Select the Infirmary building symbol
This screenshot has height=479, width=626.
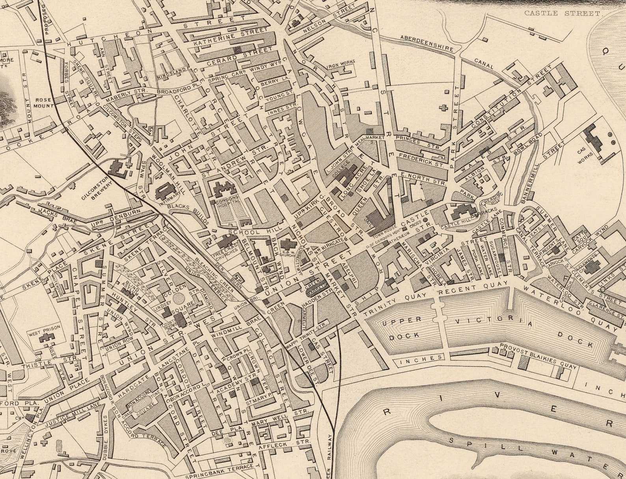point(163,192)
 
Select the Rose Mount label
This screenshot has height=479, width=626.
point(43,103)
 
